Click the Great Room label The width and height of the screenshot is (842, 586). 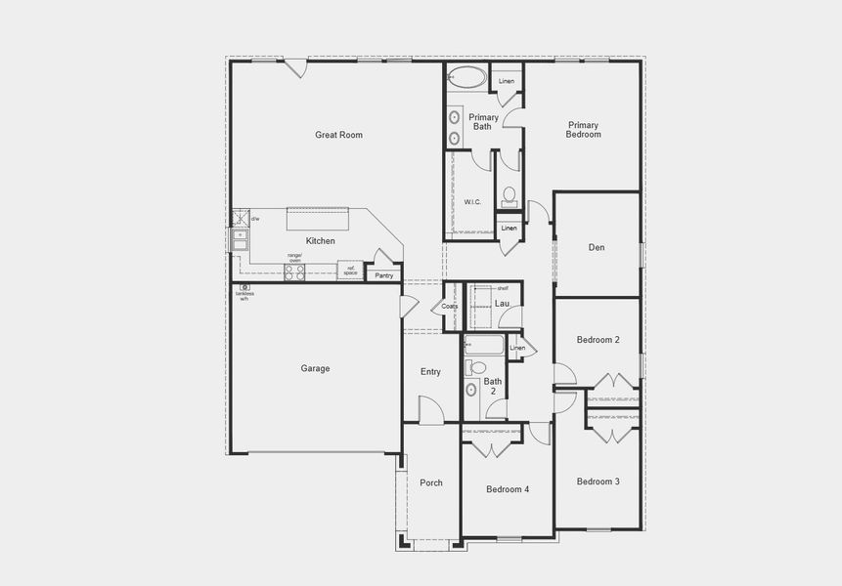pos(338,135)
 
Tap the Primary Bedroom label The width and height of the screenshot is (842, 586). pos(584,129)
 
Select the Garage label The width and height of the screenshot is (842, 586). pos(315,368)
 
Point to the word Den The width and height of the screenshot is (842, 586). pos(597,247)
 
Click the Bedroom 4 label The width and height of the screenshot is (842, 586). pos(508,489)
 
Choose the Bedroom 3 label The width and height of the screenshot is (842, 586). pos(598,481)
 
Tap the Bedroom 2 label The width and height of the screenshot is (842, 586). pos(598,340)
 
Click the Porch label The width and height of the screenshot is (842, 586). pos(431,482)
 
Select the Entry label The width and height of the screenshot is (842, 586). pos(430,371)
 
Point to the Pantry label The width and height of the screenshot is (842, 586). pos(384,275)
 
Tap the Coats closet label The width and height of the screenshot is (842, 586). pos(450,306)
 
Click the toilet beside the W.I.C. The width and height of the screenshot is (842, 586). pos(509,193)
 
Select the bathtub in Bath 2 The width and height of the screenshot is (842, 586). pos(484,345)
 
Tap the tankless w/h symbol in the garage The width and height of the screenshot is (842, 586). pos(244,287)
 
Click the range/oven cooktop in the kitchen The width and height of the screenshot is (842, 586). pos(294,272)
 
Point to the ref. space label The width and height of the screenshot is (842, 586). pos(349,271)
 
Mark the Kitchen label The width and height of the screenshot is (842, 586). pos(321,241)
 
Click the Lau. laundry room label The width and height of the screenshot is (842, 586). pos(502,304)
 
